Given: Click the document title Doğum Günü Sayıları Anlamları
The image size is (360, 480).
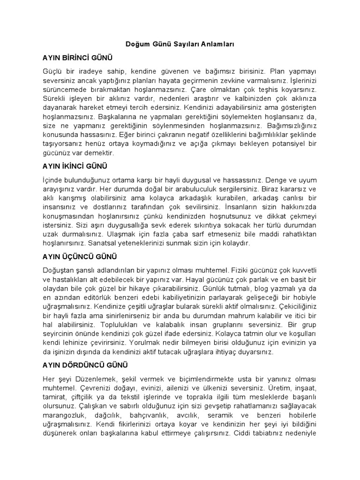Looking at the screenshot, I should click(180, 45).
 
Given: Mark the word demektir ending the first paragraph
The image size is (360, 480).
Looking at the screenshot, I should click(97, 153).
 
